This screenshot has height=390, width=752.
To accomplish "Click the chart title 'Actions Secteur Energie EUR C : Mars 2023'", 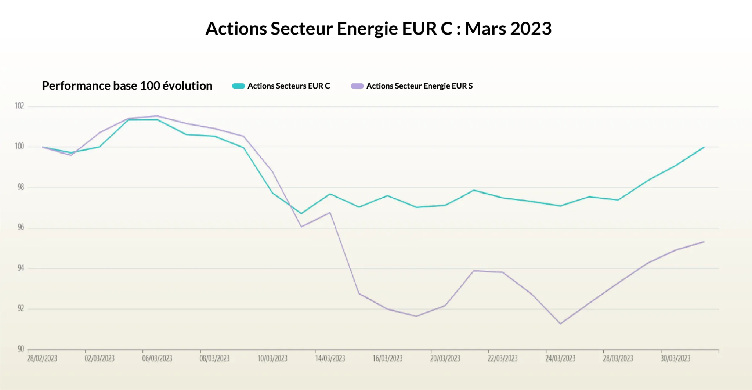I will tap(378, 29).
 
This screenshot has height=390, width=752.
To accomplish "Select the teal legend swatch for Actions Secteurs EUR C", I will tap(238, 86).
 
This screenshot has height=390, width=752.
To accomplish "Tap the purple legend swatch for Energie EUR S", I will tap(357, 86).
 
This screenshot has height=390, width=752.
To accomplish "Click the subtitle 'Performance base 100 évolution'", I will tap(127, 86).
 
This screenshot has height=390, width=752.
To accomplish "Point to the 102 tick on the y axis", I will tap(19, 106).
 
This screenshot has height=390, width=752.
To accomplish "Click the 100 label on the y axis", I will tap(19, 147).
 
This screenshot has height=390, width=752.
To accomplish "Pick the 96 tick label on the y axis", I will tap(21, 227).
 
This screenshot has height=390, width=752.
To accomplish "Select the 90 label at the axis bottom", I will tap(21, 349).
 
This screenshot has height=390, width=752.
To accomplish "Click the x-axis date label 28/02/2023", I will tap(42, 358).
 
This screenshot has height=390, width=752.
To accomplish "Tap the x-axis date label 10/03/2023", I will tap(272, 358).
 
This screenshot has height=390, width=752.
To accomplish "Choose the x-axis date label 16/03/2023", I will tap(387, 358).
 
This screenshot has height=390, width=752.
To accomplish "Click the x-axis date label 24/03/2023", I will tap(560, 358).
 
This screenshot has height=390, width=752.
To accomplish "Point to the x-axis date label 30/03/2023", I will tap(675, 358).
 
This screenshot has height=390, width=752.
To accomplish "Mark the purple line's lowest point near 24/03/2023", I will tap(560, 324).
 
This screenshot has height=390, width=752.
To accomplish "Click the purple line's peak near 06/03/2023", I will tap(157, 116).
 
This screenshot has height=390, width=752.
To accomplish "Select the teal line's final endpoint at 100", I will tap(704, 147).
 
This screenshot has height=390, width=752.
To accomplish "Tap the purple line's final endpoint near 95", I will tap(704, 242).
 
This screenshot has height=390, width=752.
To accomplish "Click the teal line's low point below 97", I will tap(301, 213).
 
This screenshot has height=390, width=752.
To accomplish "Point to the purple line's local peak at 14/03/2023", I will tap(330, 213).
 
